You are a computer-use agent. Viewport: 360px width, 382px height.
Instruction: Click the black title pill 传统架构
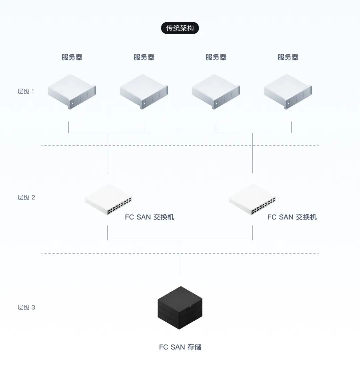180,28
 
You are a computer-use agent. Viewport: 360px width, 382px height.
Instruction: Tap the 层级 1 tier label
26,91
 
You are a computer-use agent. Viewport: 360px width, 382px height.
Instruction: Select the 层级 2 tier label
26,197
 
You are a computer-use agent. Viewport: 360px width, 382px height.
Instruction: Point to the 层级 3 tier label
26,307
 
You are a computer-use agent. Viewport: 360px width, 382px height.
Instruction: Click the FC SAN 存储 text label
180,347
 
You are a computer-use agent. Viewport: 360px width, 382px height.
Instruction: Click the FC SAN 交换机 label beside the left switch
150,217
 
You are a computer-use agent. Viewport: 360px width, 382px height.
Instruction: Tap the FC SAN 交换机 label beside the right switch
292,217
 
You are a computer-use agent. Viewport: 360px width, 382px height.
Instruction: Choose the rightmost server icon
288,92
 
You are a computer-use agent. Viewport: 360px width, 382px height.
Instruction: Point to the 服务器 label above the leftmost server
72,57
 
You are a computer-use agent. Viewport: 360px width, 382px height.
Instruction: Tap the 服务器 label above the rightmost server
288,57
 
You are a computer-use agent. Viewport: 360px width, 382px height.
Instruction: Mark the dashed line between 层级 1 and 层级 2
180,145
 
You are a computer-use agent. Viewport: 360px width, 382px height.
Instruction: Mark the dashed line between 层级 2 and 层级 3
180,253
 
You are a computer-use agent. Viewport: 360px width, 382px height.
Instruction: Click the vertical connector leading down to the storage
180,257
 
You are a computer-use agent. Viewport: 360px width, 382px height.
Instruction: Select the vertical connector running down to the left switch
108,153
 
